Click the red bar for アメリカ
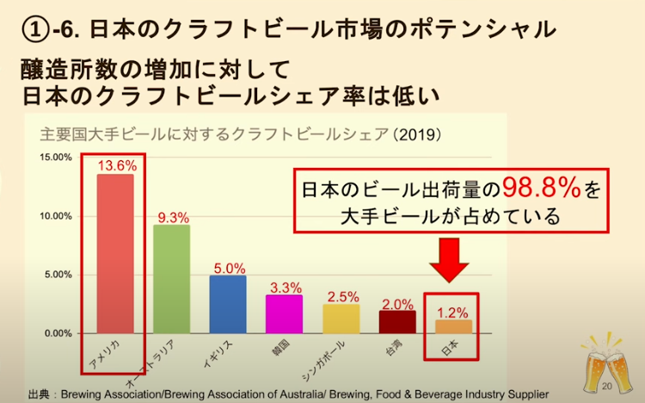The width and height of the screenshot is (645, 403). pos(115,253)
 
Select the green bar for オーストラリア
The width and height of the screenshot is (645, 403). pos(171,278)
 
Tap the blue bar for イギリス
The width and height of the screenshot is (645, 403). pos(227,304)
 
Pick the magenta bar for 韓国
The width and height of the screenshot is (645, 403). pos(284,313)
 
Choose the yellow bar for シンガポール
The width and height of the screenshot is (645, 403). pos(341,318)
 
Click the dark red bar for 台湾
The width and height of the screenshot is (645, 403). pos(397,321)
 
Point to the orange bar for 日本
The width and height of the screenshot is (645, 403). pos(453,325)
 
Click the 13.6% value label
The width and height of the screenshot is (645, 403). pos(117,165)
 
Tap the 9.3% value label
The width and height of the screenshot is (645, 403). pos(172,217)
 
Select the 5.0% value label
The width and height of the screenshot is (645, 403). pos(229,268)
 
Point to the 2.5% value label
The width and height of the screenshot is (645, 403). pos(342,296)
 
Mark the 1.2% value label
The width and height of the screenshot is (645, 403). pos(455,311)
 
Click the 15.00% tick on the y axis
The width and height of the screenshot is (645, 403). pos(56,158)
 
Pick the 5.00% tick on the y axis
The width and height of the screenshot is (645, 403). pos(58,275)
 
